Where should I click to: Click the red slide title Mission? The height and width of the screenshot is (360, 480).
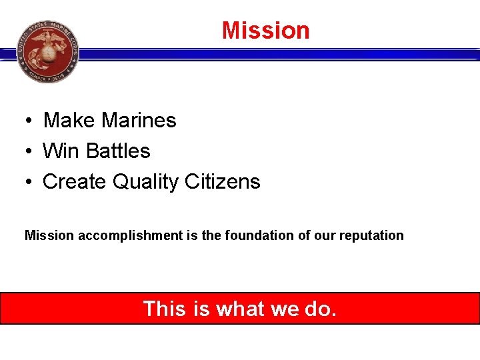point(265,31)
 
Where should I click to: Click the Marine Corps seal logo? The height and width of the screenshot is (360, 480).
point(47,51)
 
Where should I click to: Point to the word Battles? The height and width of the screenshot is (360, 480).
point(119,151)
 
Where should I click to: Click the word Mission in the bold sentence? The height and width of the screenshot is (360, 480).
point(49,235)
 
